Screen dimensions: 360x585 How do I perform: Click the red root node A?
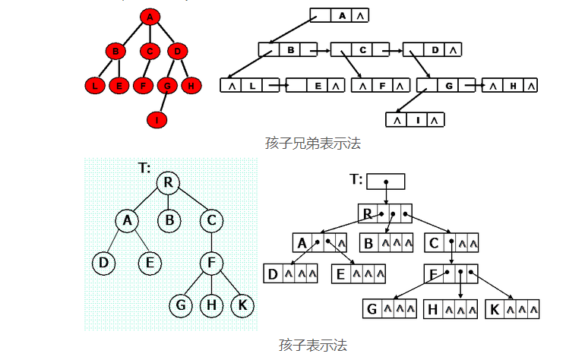[x=150, y=17]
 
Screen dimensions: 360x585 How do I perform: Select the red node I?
[x=157, y=119]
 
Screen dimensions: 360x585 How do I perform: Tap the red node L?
[x=95, y=85]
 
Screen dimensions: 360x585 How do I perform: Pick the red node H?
[x=191, y=85]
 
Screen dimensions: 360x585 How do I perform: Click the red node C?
[x=150, y=52]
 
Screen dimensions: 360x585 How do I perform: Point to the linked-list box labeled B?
[x=288, y=50]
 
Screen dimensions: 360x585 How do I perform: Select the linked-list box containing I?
[x=415, y=119]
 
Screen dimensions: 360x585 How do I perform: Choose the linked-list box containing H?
[x=510, y=86]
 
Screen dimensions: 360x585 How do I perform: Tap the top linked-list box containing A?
[x=340, y=15]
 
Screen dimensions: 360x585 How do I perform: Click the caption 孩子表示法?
[x=312, y=345]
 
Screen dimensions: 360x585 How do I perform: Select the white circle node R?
[x=168, y=182]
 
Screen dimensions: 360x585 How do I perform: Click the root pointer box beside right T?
[x=385, y=182]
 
